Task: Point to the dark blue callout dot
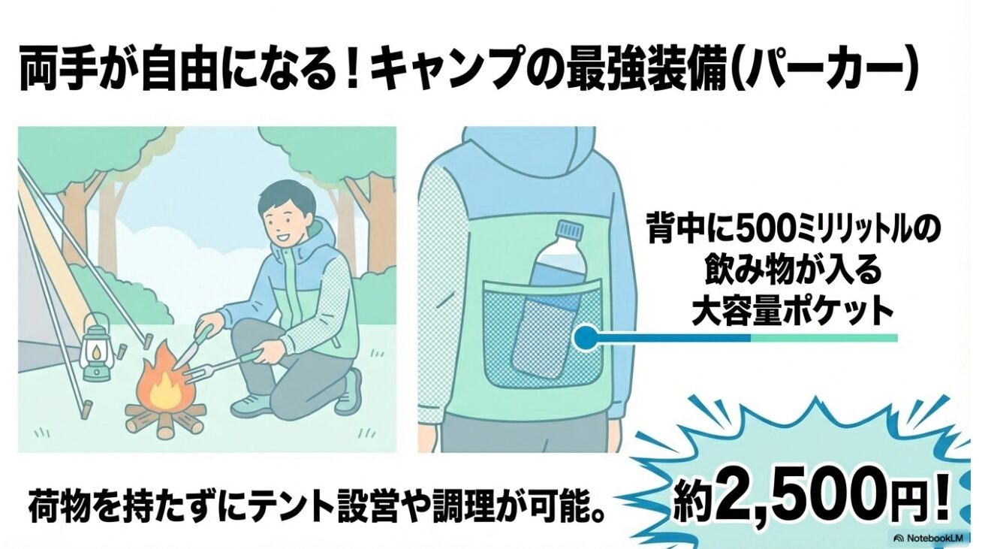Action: [x=586, y=338]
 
